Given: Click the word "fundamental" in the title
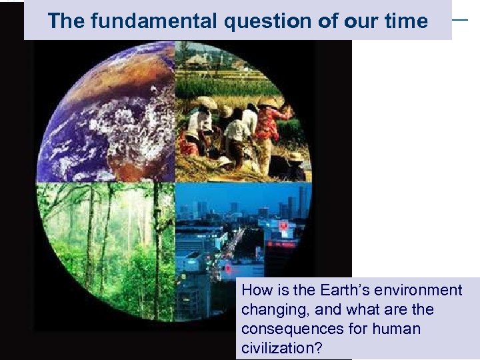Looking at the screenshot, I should pos(153,21).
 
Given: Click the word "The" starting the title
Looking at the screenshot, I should pos(67,21).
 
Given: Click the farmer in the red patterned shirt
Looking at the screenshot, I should pos(270,127).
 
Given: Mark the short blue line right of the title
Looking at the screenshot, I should pos(460,19).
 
